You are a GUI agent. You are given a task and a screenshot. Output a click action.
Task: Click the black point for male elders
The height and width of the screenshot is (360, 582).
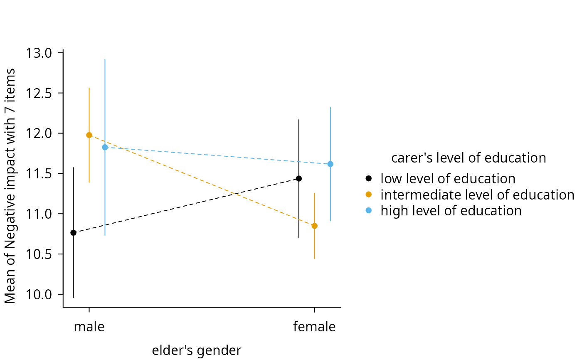(74, 233)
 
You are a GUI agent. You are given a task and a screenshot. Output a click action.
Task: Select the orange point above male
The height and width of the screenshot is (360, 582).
(89, 135)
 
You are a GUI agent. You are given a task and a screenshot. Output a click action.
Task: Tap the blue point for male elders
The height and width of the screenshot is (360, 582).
(105, 147)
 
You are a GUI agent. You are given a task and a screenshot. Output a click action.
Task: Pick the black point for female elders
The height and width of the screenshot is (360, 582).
(299, 179)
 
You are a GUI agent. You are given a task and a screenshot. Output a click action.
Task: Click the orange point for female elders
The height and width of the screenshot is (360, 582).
(315, 226)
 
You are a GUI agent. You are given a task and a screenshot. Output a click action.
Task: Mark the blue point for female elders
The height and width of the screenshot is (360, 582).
(330, 164)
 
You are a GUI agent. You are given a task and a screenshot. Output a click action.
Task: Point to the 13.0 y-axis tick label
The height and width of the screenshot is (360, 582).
(39, 53)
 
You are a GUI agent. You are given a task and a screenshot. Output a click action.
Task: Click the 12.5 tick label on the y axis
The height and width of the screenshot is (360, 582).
(39, 93)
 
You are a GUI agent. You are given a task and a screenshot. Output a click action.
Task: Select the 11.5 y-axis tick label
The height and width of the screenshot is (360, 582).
(39, 174)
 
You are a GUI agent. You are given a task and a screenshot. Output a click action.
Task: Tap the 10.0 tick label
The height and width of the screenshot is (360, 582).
(39, 295)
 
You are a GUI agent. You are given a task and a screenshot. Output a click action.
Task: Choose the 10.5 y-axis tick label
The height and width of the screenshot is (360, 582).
(39, 254)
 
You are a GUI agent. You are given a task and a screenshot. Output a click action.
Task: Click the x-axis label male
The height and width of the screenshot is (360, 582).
(89, 327)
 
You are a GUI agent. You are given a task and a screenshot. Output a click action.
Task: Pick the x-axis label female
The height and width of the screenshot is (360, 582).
(314, 327)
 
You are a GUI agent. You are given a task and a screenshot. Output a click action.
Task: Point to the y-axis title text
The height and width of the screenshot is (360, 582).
(10, 186)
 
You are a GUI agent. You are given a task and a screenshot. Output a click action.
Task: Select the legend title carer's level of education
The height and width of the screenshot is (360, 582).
(469, 158)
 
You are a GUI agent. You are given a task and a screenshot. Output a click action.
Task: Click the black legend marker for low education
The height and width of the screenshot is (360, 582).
(368, 178)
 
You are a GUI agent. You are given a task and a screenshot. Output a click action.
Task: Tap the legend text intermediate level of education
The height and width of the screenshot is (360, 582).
(478, 195)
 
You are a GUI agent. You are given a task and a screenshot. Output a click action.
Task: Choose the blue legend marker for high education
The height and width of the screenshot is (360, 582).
(368, 210)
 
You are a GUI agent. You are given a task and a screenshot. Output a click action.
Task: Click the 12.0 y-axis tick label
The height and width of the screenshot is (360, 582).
(39, 133)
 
